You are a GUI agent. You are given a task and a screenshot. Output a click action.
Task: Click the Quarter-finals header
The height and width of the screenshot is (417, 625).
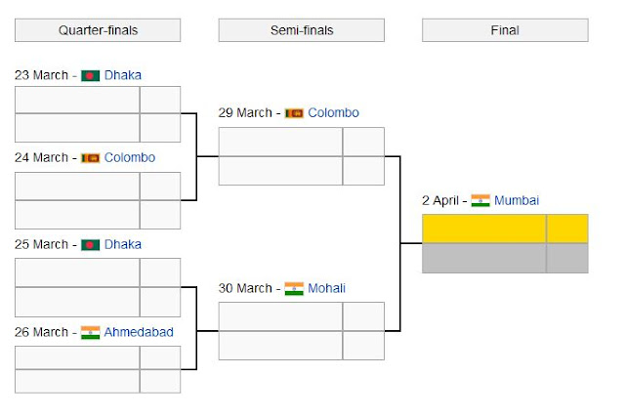click(x=98, y=30)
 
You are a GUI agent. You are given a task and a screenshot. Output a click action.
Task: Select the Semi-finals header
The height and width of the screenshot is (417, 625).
click(x=301, y=30)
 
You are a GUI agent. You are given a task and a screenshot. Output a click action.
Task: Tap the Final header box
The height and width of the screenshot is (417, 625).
click(x=504, y=30)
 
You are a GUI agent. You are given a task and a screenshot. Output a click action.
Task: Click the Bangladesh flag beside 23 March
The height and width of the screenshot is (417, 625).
click(x=90, y=75)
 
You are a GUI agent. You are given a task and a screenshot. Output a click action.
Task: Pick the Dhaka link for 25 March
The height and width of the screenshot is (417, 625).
click(x=123, y=244)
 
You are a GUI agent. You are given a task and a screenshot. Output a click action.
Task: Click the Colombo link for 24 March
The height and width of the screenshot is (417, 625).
click(x=129, y=157)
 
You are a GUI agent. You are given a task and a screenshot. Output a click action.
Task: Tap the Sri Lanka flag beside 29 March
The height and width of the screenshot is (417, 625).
click(x=294, y=113)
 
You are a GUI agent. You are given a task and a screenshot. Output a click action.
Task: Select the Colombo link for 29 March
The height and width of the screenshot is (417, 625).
click(x=333, y=113)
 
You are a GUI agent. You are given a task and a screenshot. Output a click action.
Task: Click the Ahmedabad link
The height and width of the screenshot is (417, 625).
click(x=139, y=332)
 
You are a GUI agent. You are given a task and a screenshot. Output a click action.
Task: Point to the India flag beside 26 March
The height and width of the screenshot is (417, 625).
click(x=90, y=332)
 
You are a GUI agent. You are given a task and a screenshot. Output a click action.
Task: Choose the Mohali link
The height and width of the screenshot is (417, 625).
click(x=326, y=288)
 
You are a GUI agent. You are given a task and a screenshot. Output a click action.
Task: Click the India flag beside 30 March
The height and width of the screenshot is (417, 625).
click(x=294, y=288)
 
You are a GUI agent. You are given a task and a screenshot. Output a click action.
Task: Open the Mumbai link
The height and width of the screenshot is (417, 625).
click(x=517, y=200)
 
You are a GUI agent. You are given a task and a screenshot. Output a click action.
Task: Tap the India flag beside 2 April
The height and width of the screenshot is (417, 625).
click(x=480, y=200)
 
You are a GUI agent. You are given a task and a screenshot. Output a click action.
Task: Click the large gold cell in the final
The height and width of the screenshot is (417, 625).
click(x=483, y=229)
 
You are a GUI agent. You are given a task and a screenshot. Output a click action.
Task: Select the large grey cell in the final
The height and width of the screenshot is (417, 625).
click(x=483, y=258)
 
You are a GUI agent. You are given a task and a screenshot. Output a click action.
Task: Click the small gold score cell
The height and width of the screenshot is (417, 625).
click(x=566, y=229)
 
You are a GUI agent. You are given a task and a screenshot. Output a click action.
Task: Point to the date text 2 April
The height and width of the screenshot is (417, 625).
click(x=439, y=200)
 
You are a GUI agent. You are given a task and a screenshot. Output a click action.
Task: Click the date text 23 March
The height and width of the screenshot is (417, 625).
click(x=41, y=75)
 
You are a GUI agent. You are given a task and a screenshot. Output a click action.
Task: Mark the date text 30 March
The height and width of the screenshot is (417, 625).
click(x=245, y=288)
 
